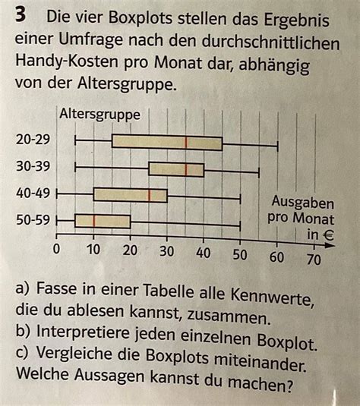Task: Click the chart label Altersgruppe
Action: point(99,115)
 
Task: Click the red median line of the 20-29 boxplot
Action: point(186,143)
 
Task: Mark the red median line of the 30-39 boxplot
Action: point(186,168)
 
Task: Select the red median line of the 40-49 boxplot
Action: point(150,195)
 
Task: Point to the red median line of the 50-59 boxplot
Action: point(94,221)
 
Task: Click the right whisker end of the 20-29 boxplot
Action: point(277,143)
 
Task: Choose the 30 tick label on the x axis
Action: point(166,253)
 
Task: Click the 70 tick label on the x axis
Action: point(312,260)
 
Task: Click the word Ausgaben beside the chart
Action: point(303,203)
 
